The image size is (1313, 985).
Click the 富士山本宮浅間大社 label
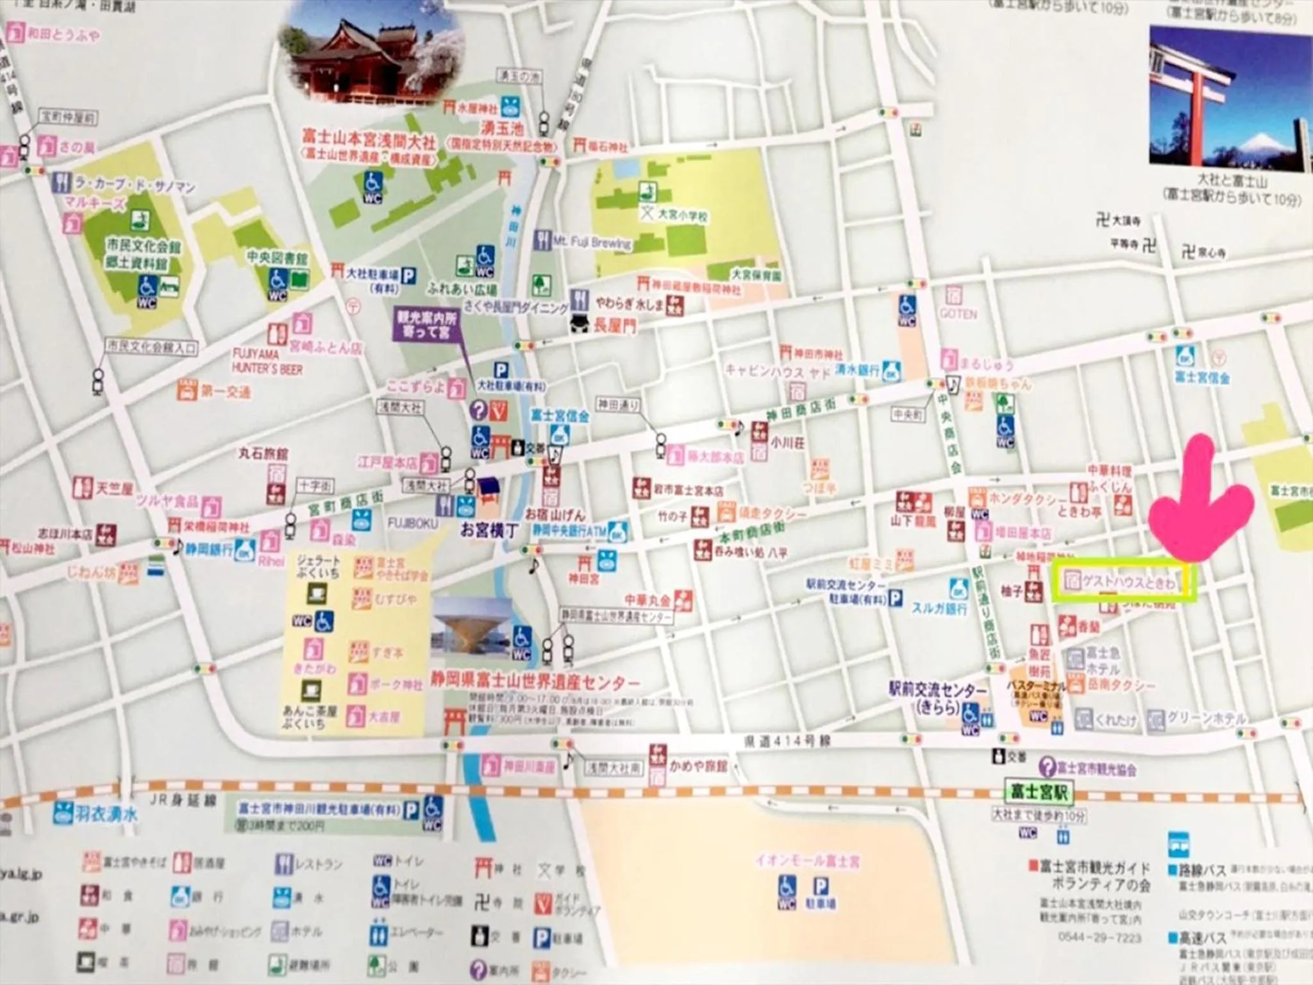pos(369,140)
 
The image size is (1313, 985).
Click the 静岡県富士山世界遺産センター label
pos(535,681)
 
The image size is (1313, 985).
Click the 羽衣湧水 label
pos(106,814)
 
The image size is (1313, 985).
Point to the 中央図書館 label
pos(277,258)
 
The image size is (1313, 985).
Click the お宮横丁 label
pos(489,530)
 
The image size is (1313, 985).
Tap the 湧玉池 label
pos(503,128)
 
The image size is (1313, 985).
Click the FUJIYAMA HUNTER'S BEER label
pos(267,362)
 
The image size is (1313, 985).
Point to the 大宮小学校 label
pos(683,216)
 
